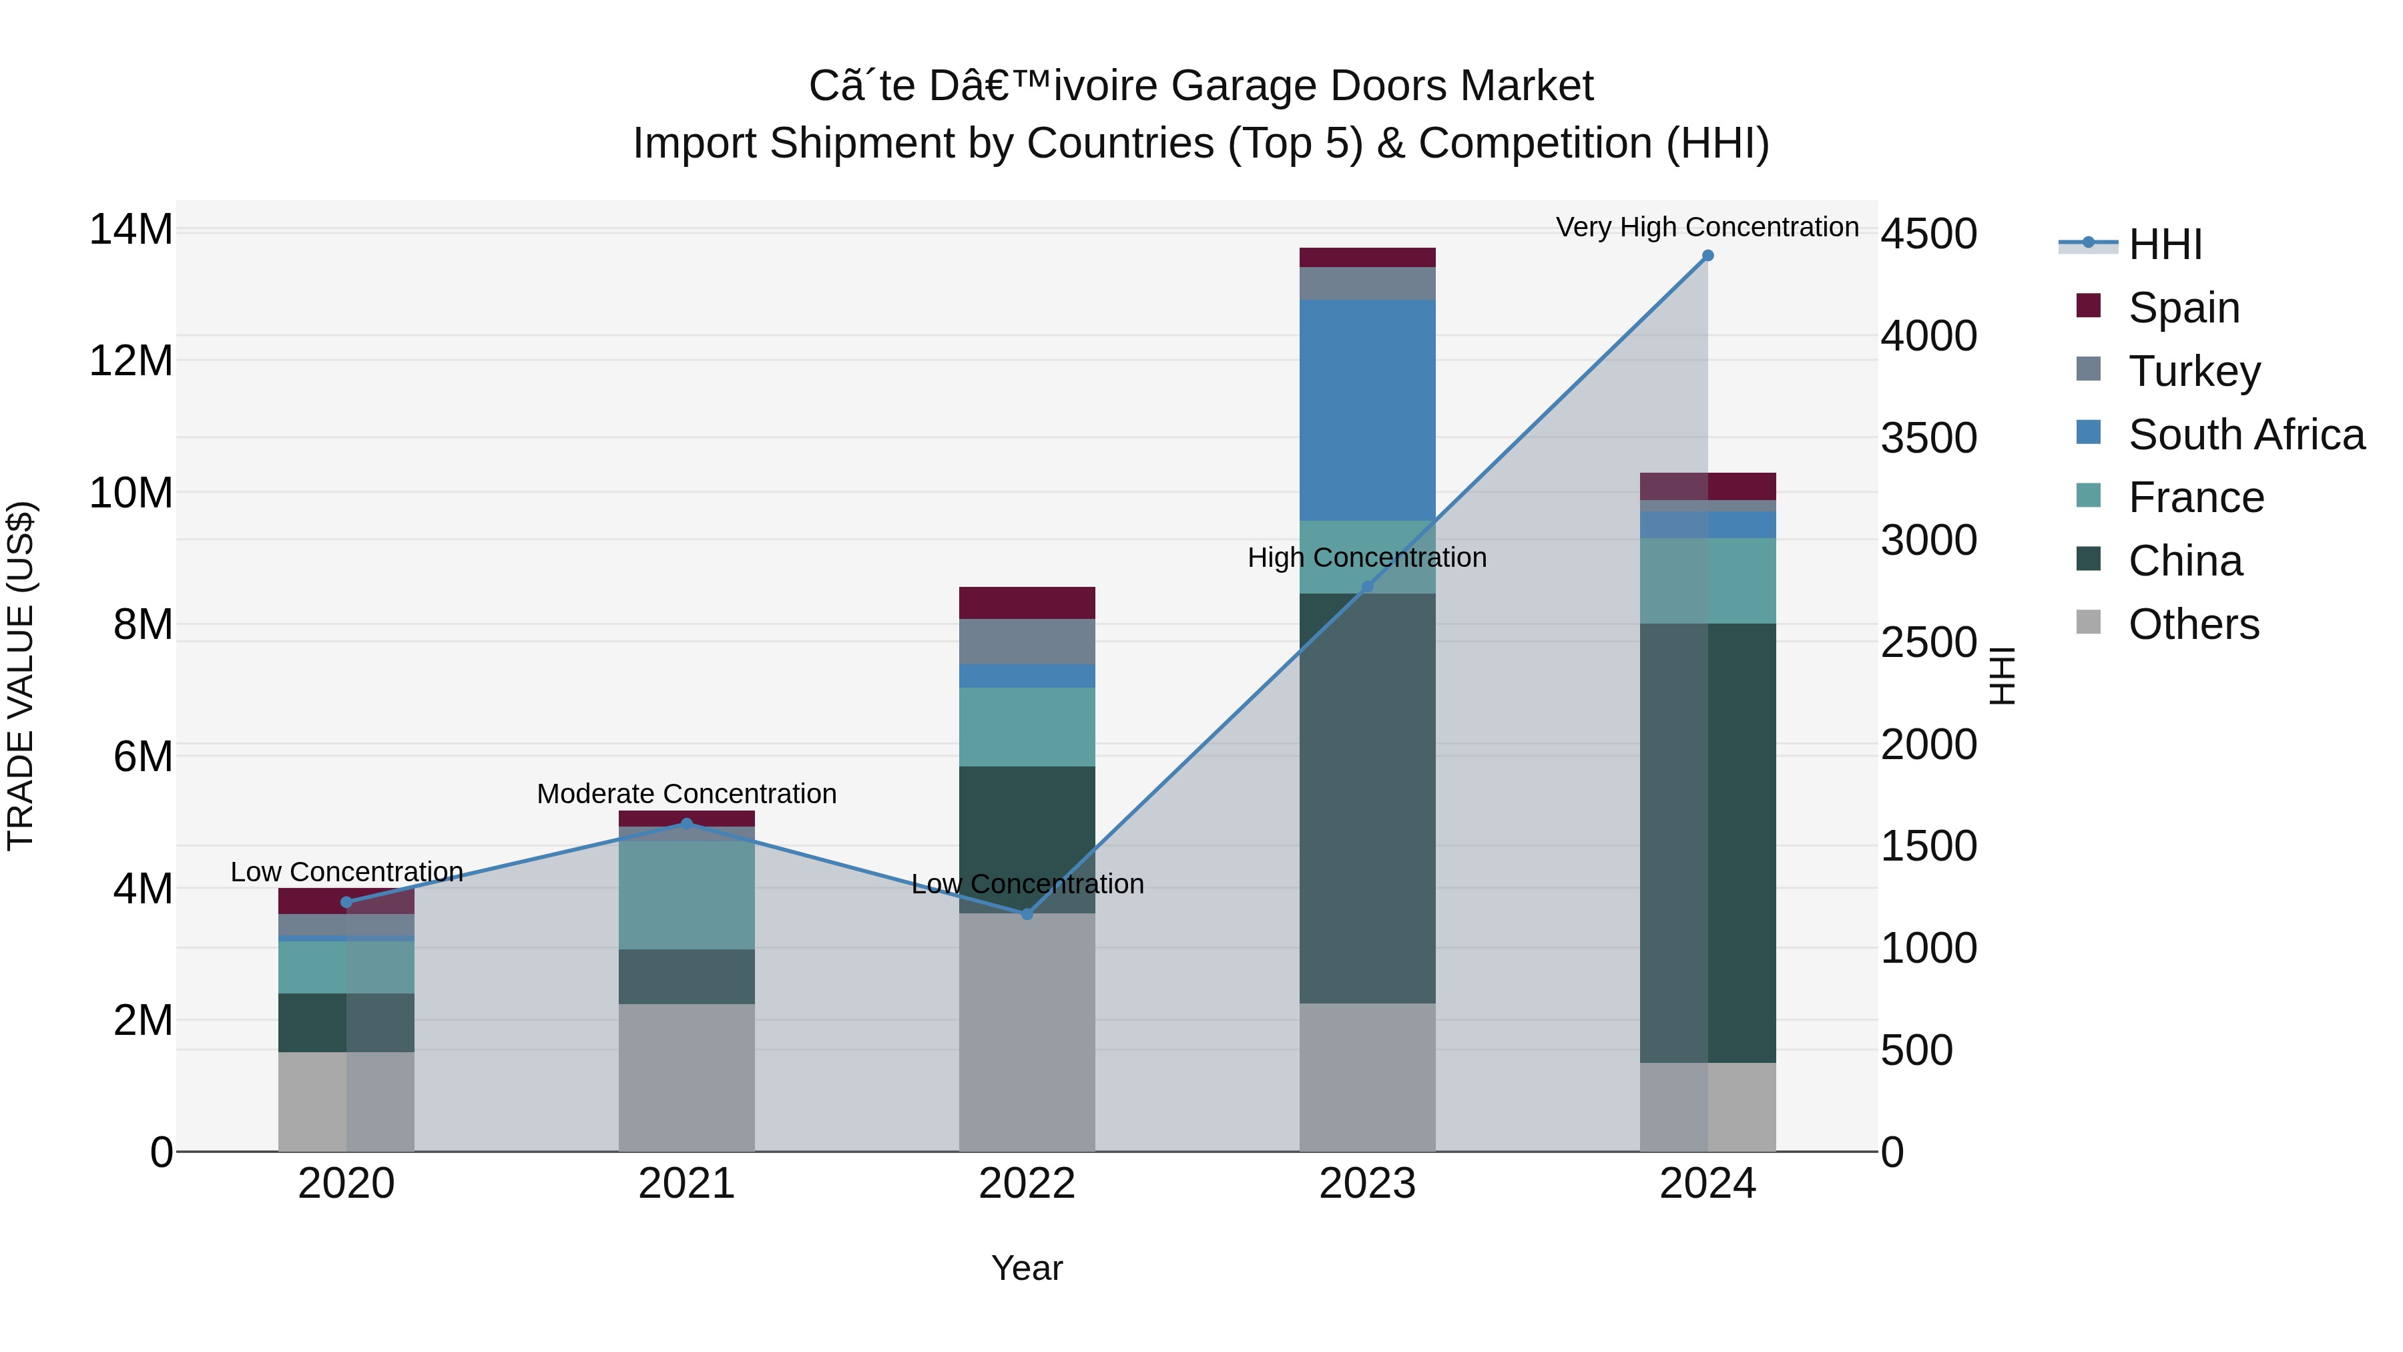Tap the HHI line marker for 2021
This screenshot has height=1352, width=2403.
coord(687,824)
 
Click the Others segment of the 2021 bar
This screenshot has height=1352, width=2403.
coord(687,1077)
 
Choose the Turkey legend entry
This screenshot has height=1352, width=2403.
coord(2193,371)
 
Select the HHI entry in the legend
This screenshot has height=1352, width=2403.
coord(2164,244)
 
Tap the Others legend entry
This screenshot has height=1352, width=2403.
coord(2192,624)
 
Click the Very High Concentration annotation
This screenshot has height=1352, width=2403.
coord(1706,227)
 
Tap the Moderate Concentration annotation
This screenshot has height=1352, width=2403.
coord(687,794)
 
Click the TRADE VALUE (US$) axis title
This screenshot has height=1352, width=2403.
coord(21,676)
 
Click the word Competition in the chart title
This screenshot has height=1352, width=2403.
coord(1534,144)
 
